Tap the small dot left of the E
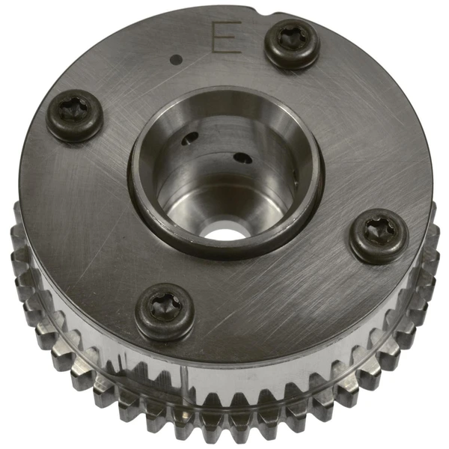click(177, 58)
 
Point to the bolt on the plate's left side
click(75, 115)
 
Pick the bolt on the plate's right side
click(380, 234)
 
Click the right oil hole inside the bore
click(243, 158)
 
